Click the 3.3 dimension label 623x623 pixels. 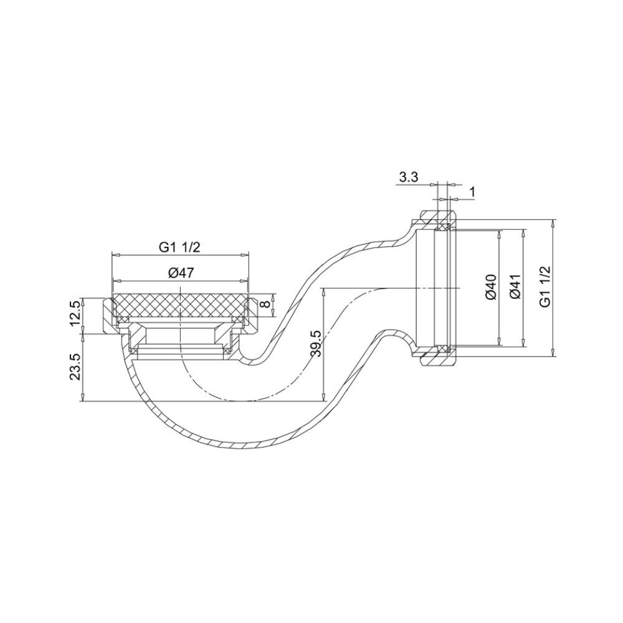click(408, 178)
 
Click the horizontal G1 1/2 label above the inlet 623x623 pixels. click(179, 247)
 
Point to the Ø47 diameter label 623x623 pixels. click(179, 272)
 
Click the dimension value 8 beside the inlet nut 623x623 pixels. click(265, 303)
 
